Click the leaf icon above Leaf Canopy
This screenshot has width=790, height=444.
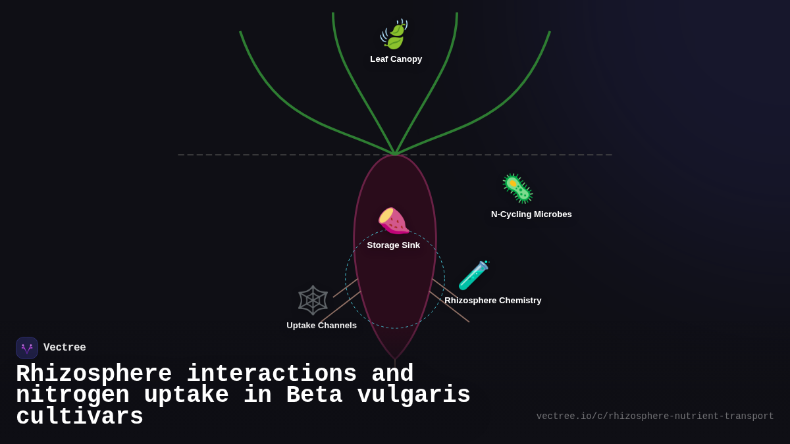coord(394,34)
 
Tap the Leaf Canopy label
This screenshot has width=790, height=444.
coord(396,59)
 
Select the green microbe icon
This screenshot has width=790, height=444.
coord(517,189)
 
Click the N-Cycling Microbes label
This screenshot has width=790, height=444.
coord(531,214)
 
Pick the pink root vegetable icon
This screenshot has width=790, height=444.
coord(393,221)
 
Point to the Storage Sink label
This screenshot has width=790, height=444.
coord(393,245)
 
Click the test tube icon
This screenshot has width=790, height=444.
coord(473,276)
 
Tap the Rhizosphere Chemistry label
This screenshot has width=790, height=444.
coord(492,301)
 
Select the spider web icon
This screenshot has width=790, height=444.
coord(313,300)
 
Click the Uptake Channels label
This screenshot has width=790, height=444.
coord(321,326)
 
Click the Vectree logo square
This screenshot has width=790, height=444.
coord(27,348)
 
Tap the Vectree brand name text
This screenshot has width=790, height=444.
coord(65,348)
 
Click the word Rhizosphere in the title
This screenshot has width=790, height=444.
coord(93,374)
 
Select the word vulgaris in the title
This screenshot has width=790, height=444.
coord(413,395)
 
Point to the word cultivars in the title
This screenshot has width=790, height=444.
coord(80,417)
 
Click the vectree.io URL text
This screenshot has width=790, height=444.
coord(654,416)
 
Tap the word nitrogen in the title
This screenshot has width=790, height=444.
coord(72,395)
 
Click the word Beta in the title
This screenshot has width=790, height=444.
coord(314,395)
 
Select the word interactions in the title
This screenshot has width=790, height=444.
coord(271,374)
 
